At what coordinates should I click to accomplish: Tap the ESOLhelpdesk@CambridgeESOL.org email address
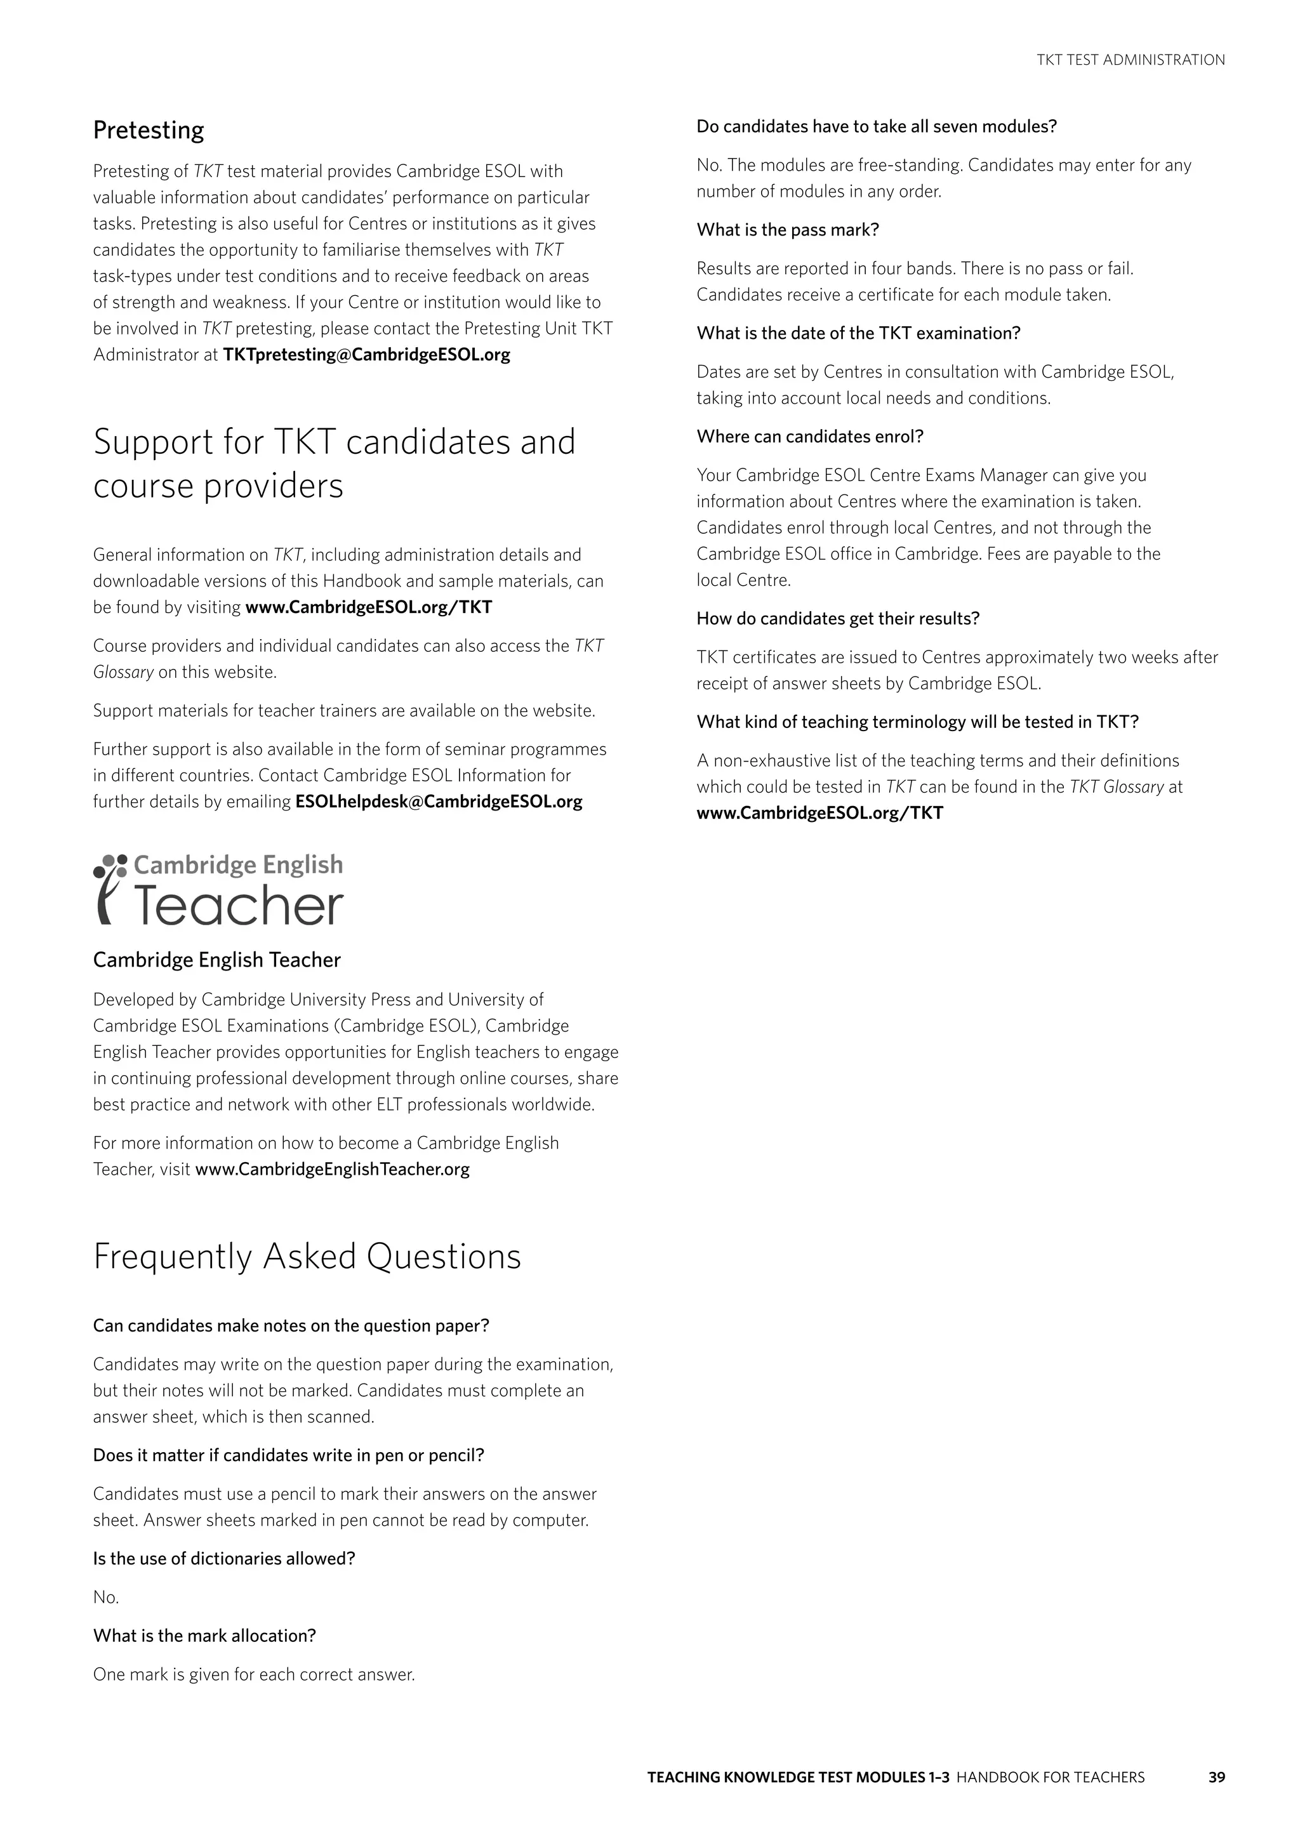coord(439,802)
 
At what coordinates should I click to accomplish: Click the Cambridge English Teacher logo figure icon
coord(109,889)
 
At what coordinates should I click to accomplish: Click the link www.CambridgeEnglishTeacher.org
coord(332,1169)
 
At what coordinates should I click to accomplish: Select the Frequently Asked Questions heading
coord(307,1257)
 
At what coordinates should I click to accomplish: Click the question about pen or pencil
coord(288,1455)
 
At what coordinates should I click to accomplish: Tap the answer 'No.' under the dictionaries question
coord(105,1597)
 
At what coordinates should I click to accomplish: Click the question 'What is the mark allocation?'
coord(204,1636)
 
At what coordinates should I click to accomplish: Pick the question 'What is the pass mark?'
coord(788,230)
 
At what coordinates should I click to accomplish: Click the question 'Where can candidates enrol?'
coord(809,436)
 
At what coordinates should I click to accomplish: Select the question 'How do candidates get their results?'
coord(837,618)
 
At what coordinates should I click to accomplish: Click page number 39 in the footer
coord(1216,1799)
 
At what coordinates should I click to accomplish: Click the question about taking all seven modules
coord(877,126)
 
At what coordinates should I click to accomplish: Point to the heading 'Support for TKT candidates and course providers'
coord(334,463)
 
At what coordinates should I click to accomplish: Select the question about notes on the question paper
coord(291,1326)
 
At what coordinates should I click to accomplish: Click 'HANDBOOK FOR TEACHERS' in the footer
coord(1051,1799)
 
